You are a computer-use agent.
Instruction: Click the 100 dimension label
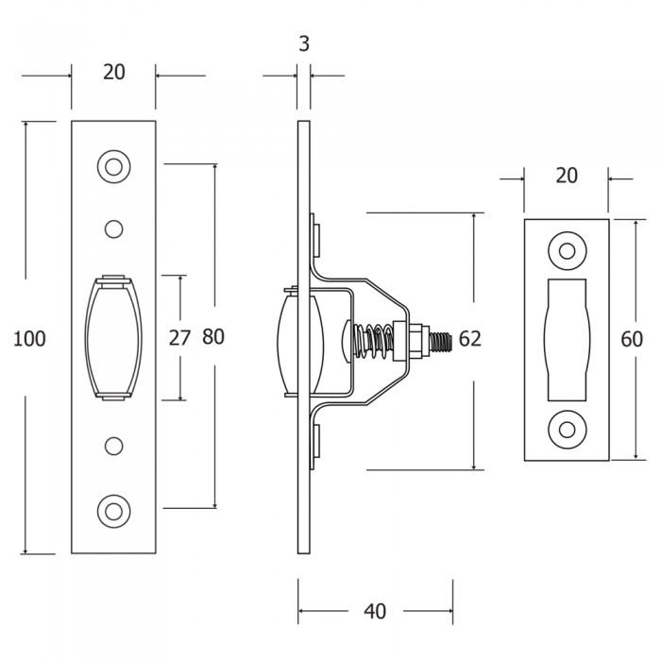pos(29,339)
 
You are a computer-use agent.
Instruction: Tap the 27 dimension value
pos(180,338)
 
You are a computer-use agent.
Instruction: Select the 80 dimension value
pos(213,337)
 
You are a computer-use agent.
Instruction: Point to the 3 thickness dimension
pos(304,43)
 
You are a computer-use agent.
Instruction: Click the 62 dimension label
pos(469,338)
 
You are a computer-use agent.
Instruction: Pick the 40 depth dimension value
pos(375,611)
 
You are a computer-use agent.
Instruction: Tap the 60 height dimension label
pos(632,339)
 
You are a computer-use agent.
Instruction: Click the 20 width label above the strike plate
pos(567,176)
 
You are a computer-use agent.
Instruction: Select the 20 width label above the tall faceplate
pos(114,72)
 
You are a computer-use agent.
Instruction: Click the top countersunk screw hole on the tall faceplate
pos(113,167)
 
